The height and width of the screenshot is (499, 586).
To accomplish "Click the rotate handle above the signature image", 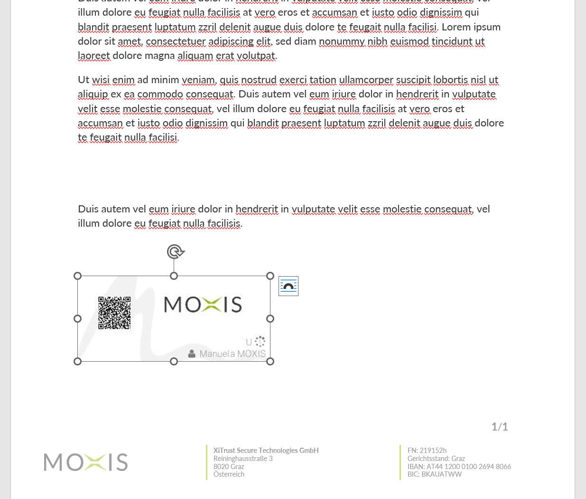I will [x=175, y=251].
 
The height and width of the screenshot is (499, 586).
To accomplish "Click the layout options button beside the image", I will [x=288, y=286].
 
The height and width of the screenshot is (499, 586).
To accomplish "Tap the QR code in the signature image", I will [x=114, y=313].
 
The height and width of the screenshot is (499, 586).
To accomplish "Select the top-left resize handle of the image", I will [x=78, y=276].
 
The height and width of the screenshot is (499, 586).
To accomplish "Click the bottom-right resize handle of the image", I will [x=270, y=362].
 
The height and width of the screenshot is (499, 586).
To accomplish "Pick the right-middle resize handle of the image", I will [x=270, y=319].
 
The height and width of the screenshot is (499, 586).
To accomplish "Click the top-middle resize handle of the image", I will [x=174, y=276].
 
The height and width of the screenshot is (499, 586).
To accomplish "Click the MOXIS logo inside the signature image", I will [x=203, y=305].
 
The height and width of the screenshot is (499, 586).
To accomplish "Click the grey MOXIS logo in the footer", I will [x=86, y=462].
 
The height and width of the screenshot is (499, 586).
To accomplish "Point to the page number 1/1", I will [x=500, y=427].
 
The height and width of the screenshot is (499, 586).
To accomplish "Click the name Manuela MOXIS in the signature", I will [x=232, y=354].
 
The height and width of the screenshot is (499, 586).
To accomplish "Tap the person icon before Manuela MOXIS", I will [x=192, y=354].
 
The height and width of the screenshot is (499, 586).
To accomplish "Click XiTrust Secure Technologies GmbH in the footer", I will [x=266, y=451].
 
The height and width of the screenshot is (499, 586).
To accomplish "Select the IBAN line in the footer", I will [x=459, y=467].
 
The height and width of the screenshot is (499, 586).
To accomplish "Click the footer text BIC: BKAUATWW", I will [x=434, y=474].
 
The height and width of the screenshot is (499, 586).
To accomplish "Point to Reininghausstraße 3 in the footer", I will [x=243, y=459].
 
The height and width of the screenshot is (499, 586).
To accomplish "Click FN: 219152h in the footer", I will [x=427, y=451].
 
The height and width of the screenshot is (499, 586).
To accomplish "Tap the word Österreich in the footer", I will [x=229, y=474].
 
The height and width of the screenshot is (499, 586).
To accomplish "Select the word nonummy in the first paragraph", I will [x=342, y=41].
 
